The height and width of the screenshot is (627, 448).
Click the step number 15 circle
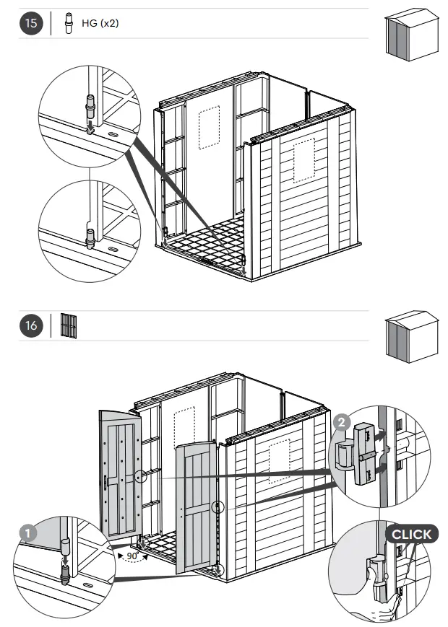(31, 23)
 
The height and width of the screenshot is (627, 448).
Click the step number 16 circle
(31, 325)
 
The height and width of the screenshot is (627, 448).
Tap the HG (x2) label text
(100, 23)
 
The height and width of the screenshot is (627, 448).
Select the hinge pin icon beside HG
(69, 23)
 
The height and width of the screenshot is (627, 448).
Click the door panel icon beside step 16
(69, 325)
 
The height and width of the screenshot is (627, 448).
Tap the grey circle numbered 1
(27, 533)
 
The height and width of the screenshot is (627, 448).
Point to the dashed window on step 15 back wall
(209, 128)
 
